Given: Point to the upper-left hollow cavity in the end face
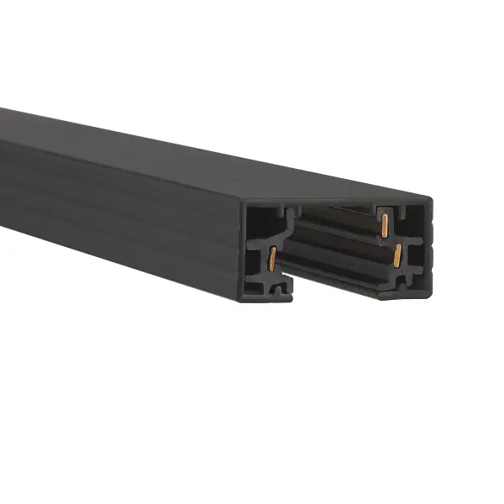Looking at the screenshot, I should pyautogui.click(x=261, y=223).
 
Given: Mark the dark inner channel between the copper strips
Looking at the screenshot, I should pyautogui.click(x=336, y=244).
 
